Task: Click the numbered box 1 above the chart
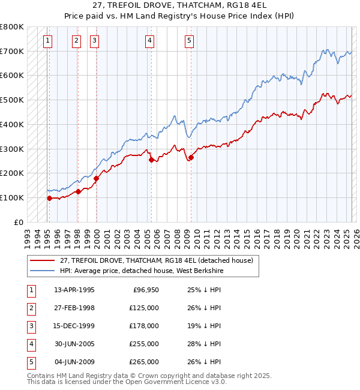(47, 41)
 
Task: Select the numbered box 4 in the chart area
(149, 41)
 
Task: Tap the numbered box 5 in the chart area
(189, 41)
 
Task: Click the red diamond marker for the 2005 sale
(151, 160)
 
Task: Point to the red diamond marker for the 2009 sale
(191, 158)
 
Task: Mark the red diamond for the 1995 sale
(49, 198)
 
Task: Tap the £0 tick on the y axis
(18, 222)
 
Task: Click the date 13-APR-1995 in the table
(74, 290)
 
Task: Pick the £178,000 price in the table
(144, 326)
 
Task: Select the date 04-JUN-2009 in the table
(74, 362)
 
